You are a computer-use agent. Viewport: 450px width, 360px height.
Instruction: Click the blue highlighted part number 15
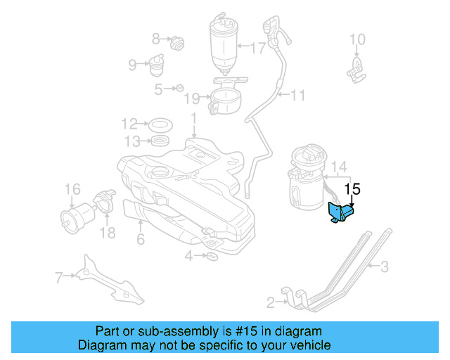340,213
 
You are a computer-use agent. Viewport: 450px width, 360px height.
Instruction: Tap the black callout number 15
354,189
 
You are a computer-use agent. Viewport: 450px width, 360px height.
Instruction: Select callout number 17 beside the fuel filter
258,48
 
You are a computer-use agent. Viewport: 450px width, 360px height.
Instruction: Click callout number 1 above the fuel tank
193,117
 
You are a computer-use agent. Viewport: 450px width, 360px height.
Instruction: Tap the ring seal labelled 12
162,125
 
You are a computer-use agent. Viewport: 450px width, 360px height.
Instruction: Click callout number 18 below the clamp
108,232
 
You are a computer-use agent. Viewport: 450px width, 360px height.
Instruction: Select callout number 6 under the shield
141,240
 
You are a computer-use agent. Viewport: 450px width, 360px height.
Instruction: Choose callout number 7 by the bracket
58,277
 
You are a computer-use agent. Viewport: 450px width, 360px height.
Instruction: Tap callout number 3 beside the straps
385,266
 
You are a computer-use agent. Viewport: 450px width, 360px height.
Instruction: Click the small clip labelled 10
356,67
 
